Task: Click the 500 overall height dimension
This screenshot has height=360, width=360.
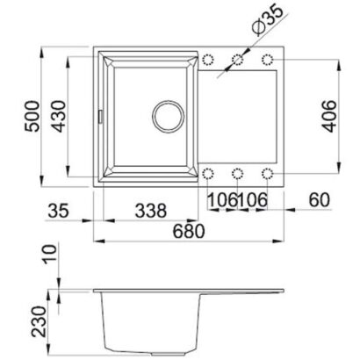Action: [x=32, y=116]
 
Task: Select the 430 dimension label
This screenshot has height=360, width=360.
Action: [x=60, y=116]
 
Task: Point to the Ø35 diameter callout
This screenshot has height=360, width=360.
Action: [x=267, y=18]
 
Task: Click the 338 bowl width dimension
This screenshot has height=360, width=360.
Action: [x=151, y=211]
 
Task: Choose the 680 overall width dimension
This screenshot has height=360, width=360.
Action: [x=188, y=231]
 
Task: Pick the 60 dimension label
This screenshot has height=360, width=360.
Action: [x=320, y=200]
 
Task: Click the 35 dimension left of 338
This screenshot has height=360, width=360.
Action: [x=58, y=211]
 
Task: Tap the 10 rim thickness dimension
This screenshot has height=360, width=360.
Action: [x=49, y=255]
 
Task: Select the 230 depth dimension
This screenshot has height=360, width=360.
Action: [x=40, y=321]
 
